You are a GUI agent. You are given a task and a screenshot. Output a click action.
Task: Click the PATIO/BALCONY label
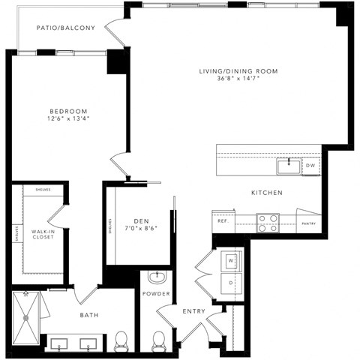click(x=67, y=29)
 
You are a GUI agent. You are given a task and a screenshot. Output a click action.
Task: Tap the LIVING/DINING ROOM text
click(x=238, y=71)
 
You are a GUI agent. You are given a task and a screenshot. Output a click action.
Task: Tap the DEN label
click(x=141, y=220)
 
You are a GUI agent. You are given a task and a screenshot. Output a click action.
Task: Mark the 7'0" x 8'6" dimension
click(x=141, y=229)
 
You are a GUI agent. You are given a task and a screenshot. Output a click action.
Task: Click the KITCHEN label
click(x=266, y=193)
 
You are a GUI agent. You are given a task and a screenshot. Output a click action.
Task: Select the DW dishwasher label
click(x=310, y=166)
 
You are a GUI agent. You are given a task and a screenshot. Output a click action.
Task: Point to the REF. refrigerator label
click(x=223, y=221)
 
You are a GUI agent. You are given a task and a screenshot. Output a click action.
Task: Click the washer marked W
click(x=230, y=259)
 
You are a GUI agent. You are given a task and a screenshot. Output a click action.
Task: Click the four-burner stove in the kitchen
click(x=268, y=221)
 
